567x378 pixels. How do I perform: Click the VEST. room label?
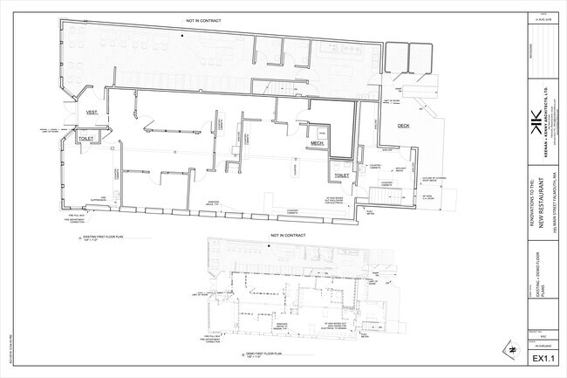pyautogui.click(x=91, y=113)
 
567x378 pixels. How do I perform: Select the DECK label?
pyautogui.click(x=403, y=126)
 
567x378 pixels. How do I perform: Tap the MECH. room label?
pyautogui.click(x=317, y=144)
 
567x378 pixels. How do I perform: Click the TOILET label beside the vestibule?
pyautogui.click(x=85, y=138)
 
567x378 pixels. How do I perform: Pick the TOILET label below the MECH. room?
pyautogui.click(x=342, y=175)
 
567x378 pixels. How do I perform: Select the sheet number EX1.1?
pyautogui.click(x=543, y=358)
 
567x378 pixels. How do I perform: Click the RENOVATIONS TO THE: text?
pyautogui.click(x=533, y=215)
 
